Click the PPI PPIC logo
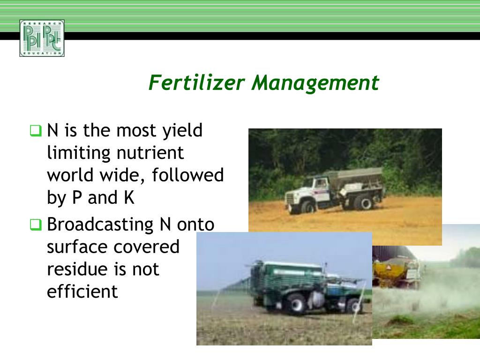point(42,38)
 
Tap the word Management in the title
point(315,83)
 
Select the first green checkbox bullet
point(36,130)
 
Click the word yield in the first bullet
point(182,130)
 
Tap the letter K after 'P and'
point(129,198)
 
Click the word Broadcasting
point(100,225)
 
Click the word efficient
point(82,292)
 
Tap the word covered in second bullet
point(150,247)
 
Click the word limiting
point(79,153)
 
